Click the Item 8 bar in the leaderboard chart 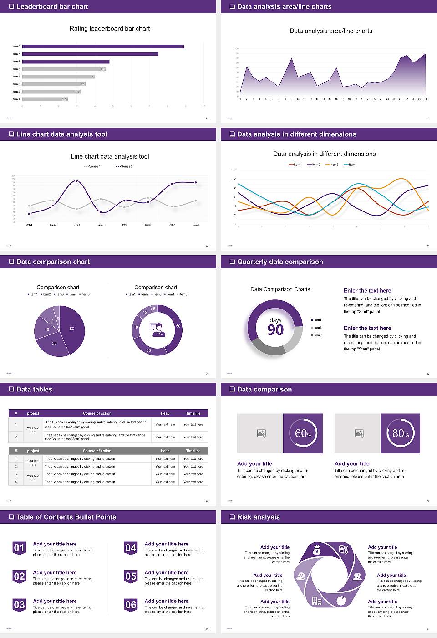coord(103,46)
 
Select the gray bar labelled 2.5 coord(45,99)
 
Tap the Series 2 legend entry coord(124,166)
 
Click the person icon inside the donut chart coord(158,329)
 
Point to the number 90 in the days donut coord(275,330)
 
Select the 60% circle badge coord(303,433)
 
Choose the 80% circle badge coord(401,433)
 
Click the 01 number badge coord(19,548)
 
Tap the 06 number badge coord(131,605)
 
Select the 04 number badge coord(131,548)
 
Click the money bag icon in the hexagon coord(317,551)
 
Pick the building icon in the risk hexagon coord(317,601)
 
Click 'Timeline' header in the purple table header coord(193,413)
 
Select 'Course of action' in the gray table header coord(97,451)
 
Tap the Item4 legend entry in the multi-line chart coord(351,165)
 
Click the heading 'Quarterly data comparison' coord(280,262)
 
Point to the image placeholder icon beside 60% coord(261,433)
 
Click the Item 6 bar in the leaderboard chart coord(66,62)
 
